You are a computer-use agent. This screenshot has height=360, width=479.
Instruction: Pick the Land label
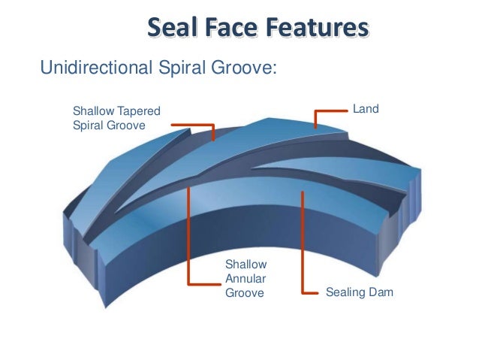366,110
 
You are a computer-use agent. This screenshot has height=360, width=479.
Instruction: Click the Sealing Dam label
360,292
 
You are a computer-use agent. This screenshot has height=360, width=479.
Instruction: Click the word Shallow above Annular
246,265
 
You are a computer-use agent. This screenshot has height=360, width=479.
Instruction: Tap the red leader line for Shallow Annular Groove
189,241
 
